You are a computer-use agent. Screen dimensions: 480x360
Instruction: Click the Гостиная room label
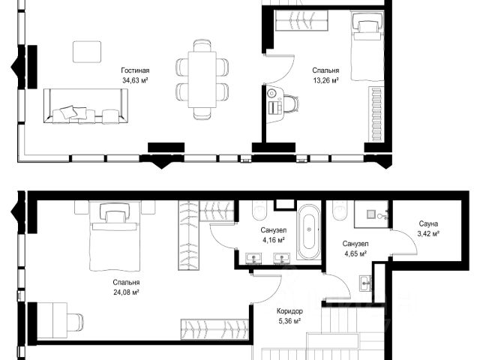[x=135, y=70]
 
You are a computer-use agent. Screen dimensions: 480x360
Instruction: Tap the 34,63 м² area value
[x=135, y=80]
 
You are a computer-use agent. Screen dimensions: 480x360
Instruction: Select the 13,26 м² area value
[x=325, y=80]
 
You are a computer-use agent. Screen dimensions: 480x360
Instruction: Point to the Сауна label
[x=428, y=223]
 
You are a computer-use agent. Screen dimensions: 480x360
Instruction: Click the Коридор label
[x=289, y=311]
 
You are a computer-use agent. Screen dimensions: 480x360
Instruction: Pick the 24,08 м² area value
[x=126, y=292]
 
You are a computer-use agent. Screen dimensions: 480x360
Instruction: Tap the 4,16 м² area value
[x=273, y=240]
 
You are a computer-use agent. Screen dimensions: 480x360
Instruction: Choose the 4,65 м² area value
[x=355, y=253]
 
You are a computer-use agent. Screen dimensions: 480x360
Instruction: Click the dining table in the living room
[x=202, y=79]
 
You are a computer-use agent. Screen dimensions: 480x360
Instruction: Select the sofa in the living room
[x=85, y=106]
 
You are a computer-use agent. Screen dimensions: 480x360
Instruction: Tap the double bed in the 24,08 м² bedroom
[x=115, y=235]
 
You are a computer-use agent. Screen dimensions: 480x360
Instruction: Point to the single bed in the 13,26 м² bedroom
[x=367, y=46]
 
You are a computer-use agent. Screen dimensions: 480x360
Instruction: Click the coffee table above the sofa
[x=87, y=52]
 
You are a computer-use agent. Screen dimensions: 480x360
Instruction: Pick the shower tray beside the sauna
[x=371, y=214]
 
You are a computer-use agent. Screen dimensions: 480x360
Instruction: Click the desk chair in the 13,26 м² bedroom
[x=291, y=103]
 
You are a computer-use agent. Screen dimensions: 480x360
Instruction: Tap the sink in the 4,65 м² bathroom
[x=365, y=283]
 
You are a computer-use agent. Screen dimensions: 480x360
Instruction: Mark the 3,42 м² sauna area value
[x=428, y=234]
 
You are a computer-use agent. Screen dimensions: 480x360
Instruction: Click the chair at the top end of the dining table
[x=202, y=46]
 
